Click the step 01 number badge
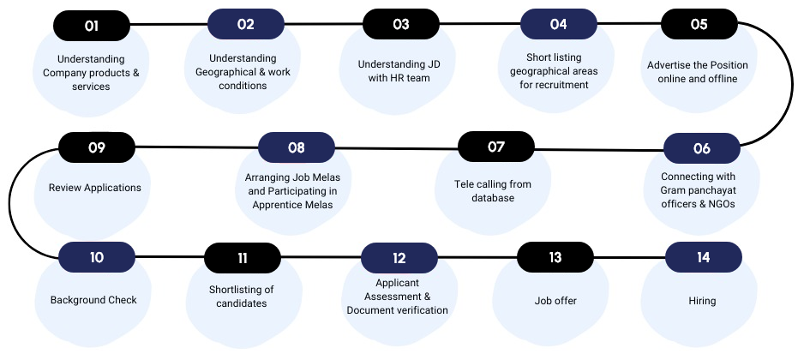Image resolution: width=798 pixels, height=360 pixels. [92, 26]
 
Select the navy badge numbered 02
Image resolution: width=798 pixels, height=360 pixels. [246, 24]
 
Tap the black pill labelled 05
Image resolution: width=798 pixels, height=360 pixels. [699, 24]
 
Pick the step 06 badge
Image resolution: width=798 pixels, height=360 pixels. [702, 148]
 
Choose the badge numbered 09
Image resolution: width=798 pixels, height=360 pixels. [97, 147]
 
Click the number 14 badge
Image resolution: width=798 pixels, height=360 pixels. [704, 257]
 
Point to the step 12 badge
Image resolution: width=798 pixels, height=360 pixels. [399, 258]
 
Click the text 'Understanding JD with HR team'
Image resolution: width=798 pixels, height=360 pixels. [399, 71]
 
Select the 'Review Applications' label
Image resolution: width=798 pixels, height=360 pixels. [94, 188]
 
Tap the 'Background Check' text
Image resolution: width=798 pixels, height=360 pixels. [93, 300]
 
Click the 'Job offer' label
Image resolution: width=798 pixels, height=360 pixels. [555, 301]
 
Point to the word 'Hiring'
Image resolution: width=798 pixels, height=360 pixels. [702, 301]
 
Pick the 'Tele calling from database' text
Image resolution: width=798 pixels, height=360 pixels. [493, 191]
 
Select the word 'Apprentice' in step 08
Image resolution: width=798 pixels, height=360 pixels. [274, 205]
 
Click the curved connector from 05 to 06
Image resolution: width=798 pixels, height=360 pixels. [792, 85]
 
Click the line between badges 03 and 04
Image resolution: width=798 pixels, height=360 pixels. [479, 23]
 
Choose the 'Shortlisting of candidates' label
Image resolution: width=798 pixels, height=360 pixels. [241, 297]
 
